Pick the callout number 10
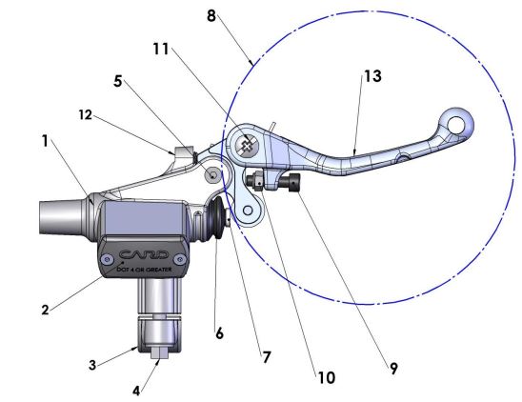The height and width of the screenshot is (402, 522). (x=326, y=377)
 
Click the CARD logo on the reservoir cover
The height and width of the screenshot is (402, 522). (x=144, y=254)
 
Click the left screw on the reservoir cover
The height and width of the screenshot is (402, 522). (x=107, y=259)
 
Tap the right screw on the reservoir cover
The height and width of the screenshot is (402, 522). (x=183, y=259)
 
